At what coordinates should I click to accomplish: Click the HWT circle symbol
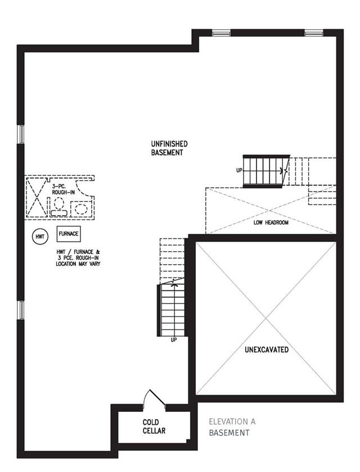(40, 237)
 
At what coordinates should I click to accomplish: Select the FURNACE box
(69, 234)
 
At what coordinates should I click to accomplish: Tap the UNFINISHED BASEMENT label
(169, 148)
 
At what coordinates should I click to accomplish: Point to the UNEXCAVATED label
(267, 350)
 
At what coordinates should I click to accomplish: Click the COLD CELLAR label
(154, 426)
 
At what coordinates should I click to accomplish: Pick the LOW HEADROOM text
(271, 223)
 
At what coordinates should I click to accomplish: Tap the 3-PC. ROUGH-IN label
(63, 189)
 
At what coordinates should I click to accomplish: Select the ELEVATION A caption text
(232, 422)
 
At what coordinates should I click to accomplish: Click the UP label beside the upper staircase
(239, 170)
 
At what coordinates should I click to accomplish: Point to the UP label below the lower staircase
(173, 340)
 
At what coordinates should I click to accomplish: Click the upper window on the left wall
(21, 134)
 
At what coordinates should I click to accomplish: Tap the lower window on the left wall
(21, 310)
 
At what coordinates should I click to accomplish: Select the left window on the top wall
(221, 33)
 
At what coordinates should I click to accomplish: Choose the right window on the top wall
(314, 33)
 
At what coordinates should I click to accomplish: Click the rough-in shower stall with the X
(37, 197)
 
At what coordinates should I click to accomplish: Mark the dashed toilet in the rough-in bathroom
(58, 207)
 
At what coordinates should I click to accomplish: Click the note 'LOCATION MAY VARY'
(78, 264)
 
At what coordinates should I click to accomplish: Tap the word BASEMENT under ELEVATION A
(229, 433)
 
